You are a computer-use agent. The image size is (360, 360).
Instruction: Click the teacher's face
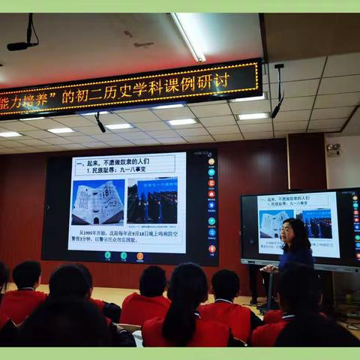pyautogui.click(x=287, y=232)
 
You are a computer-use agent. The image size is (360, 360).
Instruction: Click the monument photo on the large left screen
pyautogui.click(x=97, y=202)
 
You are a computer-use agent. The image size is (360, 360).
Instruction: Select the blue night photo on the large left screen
pyautogui.click(x=152, y=200)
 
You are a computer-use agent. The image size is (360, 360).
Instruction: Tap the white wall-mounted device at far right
pyautogui.click(x=333, y=150)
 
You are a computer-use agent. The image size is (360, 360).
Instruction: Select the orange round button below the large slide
pyautogui.click(x=139, y=256)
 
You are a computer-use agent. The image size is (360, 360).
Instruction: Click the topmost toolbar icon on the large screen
pyautogui.click(x=211, y=161)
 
